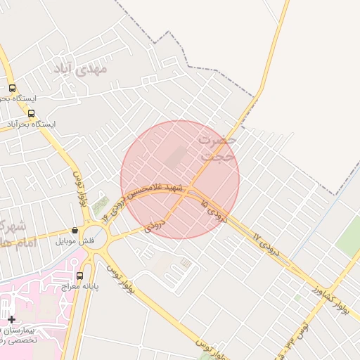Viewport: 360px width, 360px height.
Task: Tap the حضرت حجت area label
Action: click(217, 146)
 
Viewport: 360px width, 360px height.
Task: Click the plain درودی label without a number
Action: click(155, 225)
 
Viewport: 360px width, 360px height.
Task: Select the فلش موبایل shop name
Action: click(75, 240)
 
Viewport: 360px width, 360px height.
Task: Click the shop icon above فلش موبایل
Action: click(75, 230)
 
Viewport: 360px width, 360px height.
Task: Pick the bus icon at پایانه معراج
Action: click(79, 276)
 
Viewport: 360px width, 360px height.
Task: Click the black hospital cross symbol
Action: click(11, 319)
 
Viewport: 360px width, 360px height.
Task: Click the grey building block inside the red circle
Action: click(175, 156)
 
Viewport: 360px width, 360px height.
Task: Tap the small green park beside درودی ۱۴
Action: click(101, 205)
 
